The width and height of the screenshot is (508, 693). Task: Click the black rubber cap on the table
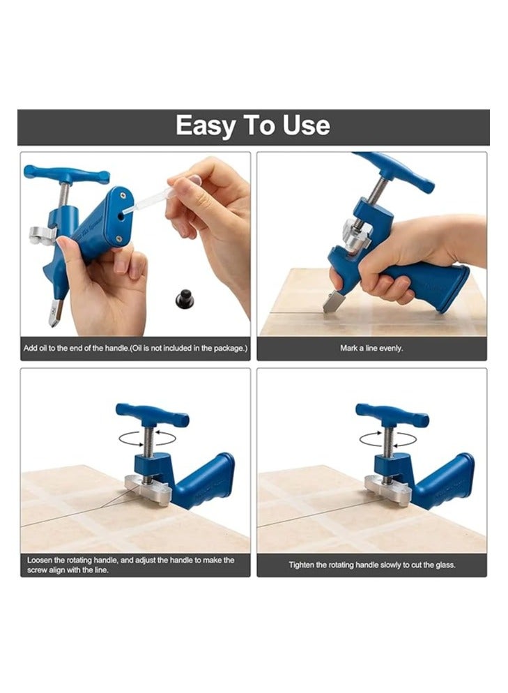pos(184,300)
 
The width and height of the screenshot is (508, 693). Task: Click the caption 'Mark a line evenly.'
pos(371,348)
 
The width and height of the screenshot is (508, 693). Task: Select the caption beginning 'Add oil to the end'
pos(135,348)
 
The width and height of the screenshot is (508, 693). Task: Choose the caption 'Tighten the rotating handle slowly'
pos(372,565)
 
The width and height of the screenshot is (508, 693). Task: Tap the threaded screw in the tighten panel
pos(388,443)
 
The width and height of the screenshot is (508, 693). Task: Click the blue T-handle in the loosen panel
pos(152,415)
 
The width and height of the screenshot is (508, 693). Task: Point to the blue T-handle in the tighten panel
pos(392,415)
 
